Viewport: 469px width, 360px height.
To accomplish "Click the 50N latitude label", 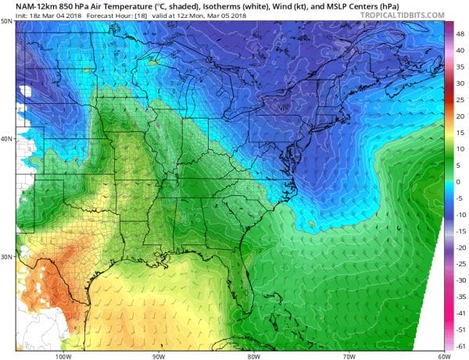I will coord(6,21).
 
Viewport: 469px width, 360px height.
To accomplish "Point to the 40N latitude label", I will coord(6,139).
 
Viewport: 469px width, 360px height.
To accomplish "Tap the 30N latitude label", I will coord(6,257).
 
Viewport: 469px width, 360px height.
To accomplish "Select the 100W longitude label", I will coord(63,355).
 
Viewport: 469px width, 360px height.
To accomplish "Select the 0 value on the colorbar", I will coord(460,182).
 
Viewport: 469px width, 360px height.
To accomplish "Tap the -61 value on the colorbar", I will coord(460,344).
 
